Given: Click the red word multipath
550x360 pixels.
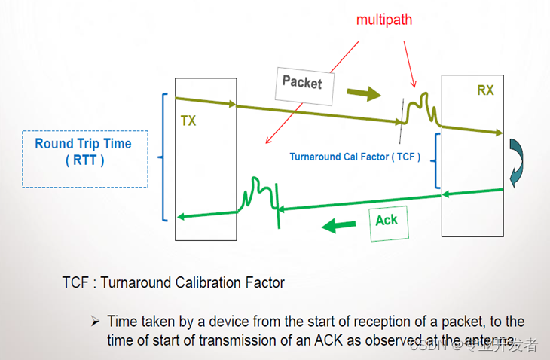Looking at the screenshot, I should (x=385, y=20).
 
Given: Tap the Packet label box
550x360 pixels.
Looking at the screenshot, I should (x=302, y=81).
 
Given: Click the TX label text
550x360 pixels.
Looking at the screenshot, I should (x=188, y=121).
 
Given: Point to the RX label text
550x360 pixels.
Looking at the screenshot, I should (x=485, y=90).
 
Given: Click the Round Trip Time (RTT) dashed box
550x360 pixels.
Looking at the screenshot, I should (x=84, y=159).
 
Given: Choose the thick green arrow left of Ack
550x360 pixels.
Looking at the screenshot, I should (x=339, y=224).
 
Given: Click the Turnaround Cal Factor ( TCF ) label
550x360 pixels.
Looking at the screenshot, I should (x=355, y=157).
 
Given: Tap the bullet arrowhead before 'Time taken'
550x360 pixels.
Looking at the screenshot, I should (x=96, y=322).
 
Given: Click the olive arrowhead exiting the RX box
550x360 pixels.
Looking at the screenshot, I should (x=498, y=133).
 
